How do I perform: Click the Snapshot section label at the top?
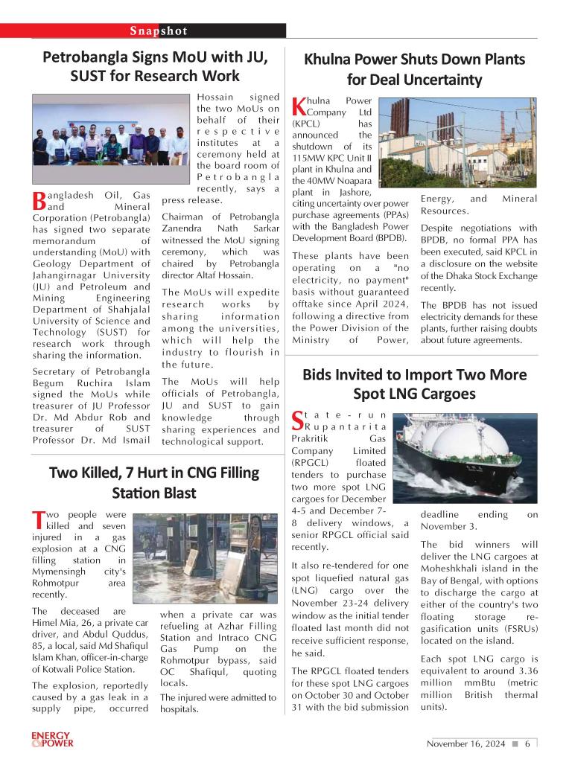tap(158, 31)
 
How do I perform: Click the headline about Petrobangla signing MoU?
tap(154, 66)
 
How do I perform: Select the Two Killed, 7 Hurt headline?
tap(154, 482)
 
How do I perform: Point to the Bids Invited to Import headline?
tap(414, 383)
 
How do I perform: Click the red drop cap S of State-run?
tap(297, 420)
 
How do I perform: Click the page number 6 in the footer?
tap(527, 743)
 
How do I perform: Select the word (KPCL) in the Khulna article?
tap(306, 124)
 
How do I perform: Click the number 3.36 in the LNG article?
tap(523, 671)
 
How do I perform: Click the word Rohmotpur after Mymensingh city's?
tap(57, 583)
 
